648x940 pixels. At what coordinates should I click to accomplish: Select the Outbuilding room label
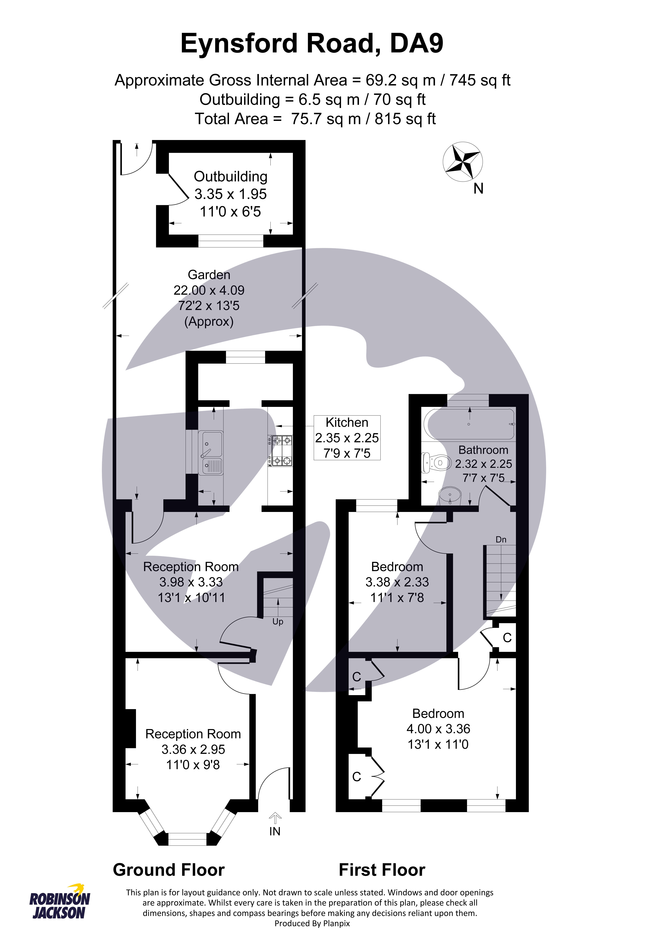click(231, 176)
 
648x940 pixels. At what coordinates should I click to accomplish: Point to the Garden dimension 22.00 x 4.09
click(209, 290)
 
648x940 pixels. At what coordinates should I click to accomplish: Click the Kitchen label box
click(347, 438)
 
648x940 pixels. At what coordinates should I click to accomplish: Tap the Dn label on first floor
click(501, 539)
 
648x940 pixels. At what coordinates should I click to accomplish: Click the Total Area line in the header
click(315, 119)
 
